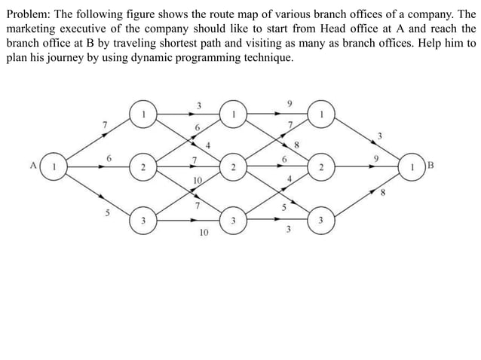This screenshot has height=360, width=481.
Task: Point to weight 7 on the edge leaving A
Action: coord(105,124)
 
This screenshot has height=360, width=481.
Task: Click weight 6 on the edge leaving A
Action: coord(109,158)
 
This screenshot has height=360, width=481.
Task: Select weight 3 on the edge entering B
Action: coord(381,136)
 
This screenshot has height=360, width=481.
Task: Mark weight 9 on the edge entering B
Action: coord(375,159)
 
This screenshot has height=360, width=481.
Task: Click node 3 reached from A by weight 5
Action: coord(142,221)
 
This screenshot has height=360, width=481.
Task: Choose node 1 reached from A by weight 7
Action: coord(142,114)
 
